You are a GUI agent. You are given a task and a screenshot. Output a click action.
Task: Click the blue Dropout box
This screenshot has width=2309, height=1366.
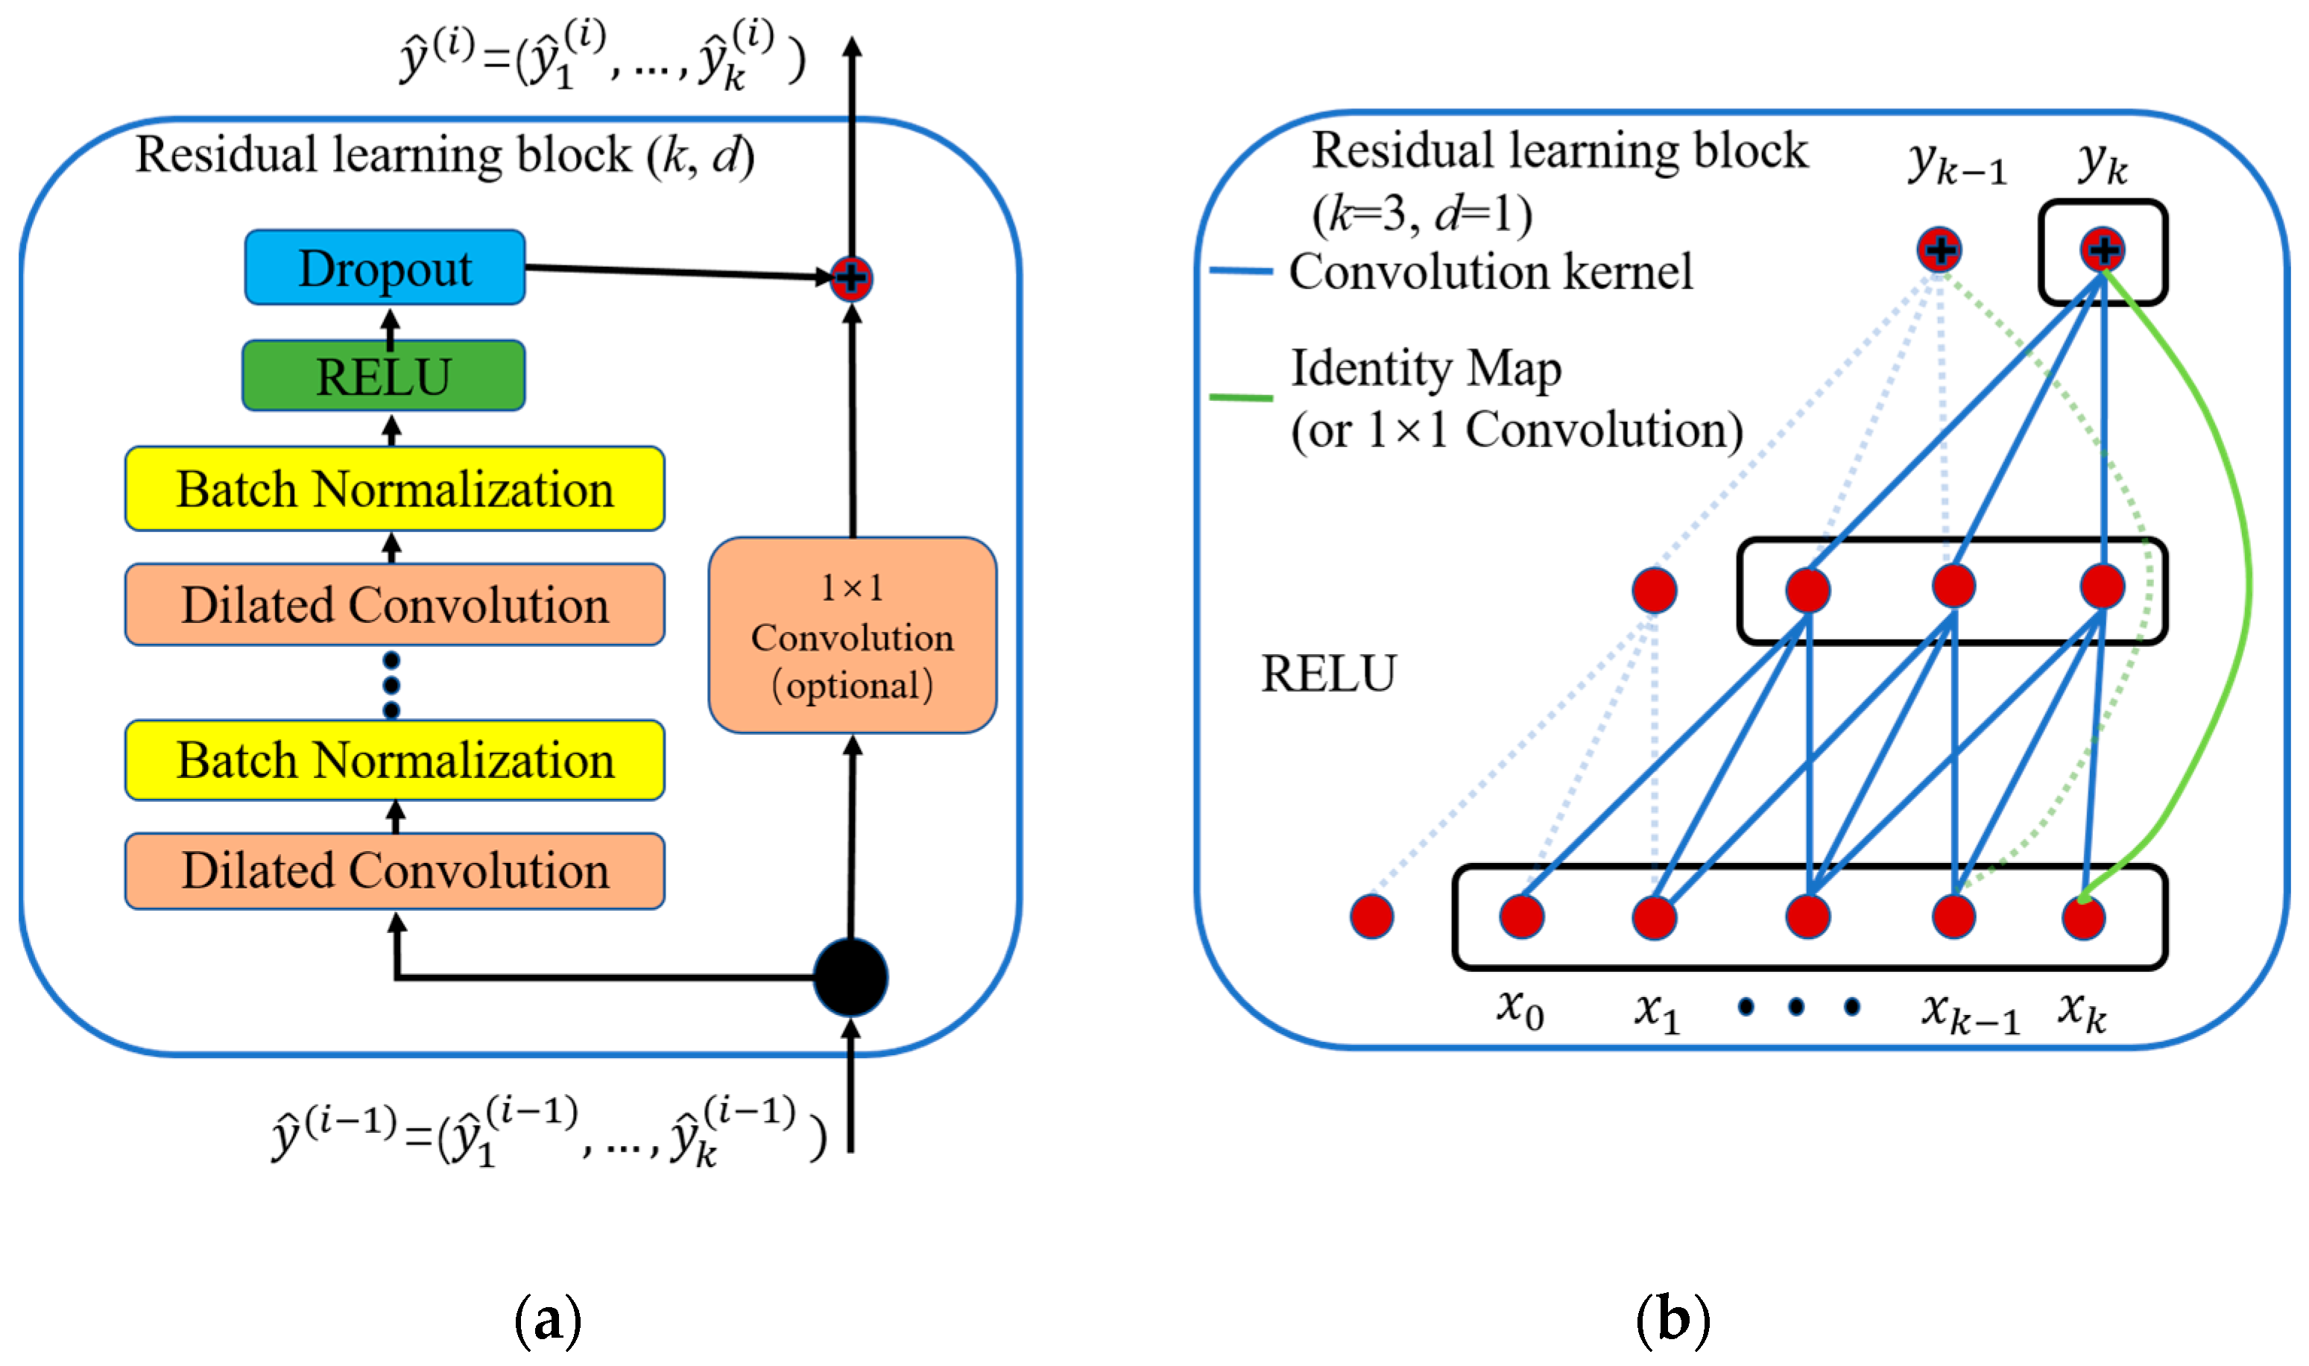(x=385, y=268)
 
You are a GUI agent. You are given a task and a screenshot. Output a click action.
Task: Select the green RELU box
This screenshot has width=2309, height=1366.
(x=383, y=376)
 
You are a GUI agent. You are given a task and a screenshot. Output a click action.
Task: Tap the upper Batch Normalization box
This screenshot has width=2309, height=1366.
(x=394, y=489)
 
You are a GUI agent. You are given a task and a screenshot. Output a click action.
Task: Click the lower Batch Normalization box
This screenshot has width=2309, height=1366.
(x=394, y=760)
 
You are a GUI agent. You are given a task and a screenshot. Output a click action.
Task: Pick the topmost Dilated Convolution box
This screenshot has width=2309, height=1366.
(x=394, y=605)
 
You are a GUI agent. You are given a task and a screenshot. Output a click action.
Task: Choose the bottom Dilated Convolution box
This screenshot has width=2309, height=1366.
(x=394, y=870)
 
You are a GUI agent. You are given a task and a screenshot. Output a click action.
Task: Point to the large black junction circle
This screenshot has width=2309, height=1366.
(x=850, y=978)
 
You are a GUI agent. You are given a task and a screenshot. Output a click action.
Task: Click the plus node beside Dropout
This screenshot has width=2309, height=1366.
(x=850, y=277)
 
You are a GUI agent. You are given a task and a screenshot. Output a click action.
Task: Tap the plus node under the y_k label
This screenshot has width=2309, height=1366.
(x=2102, y=250)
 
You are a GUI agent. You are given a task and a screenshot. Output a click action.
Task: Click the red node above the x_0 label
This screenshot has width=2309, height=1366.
(x=1521, y=917)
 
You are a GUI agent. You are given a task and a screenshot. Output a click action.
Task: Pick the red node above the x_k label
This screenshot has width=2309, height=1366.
(x=2083, y=917)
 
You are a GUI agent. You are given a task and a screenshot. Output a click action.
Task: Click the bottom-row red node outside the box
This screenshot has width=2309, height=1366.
(x=1372, y=917)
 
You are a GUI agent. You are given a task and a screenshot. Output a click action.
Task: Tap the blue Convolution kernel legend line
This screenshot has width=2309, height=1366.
(x=1240, y=271)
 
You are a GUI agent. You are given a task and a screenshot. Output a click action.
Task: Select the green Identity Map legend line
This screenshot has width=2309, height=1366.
(x=1240, y=398)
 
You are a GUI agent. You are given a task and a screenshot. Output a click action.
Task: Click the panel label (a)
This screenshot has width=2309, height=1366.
(x=548, y=1321)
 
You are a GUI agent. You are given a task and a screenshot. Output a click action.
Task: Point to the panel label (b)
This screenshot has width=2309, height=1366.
(x=1672, y=1321)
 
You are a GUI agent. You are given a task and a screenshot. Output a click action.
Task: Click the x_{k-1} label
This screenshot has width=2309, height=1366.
(x=1970, y=1014)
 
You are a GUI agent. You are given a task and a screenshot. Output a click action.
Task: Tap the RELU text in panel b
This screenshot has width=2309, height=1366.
(x=1327, y=674)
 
